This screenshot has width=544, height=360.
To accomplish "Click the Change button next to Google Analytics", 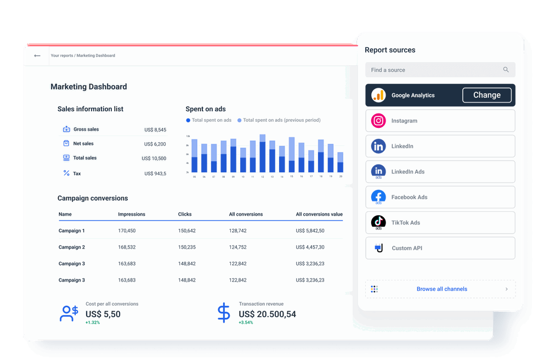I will click(x=487, y=95).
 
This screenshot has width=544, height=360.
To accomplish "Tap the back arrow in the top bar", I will click(x=37, y=55).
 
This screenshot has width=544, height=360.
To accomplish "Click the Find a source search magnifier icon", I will click(x=506, y=70).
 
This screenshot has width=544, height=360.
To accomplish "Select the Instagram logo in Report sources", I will click(x=378, y=121).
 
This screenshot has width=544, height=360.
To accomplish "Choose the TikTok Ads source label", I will click(x=405, y=223).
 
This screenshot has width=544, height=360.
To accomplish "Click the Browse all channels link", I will click(x=441, y=289).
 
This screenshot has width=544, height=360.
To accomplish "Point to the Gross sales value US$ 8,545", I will click(x=155, y=130).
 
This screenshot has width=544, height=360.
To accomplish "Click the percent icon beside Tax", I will click(x=66, y=173).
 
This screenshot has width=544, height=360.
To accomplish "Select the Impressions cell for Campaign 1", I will click(x=127, y=231).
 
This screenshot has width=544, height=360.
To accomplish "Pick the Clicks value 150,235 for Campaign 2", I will click(x=186, y=248).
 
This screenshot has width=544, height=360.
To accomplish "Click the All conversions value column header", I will click(x=319, y=214).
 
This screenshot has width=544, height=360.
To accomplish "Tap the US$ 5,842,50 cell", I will click(x=310, y=231).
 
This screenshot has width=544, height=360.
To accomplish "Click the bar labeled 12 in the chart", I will click(x=263, y=156).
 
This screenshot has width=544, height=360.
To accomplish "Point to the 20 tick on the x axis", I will click(x=341, y=177).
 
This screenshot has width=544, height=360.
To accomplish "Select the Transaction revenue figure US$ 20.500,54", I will click(x=267, y=314).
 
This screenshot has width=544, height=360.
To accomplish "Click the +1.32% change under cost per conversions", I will click(x=93, y=323).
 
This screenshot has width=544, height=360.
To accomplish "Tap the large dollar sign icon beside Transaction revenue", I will click(x=224, y=312).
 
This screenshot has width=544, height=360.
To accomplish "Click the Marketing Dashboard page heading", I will click(x=89, y=87).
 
